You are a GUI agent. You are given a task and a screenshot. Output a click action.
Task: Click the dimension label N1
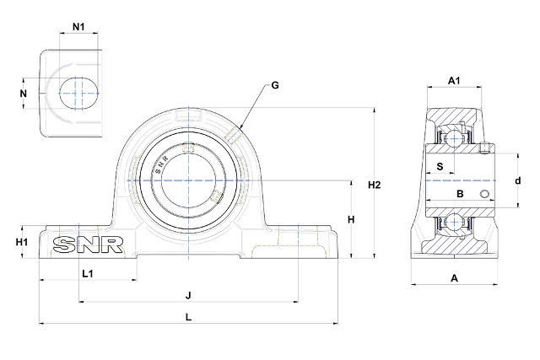78,26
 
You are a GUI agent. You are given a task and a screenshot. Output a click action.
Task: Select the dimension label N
24,94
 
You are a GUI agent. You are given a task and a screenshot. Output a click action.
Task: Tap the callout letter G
275,86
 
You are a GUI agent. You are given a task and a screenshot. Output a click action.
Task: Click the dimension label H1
23,243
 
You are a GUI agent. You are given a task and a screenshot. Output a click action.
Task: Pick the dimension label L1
87,272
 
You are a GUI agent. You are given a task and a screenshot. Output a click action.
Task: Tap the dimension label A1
453,81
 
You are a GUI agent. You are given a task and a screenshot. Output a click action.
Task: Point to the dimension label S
440,166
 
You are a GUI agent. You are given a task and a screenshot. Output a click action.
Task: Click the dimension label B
460,195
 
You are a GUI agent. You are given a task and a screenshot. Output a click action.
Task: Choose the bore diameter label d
517,180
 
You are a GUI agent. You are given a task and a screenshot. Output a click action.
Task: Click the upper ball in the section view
456,138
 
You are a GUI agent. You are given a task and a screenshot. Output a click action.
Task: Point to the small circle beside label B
485,196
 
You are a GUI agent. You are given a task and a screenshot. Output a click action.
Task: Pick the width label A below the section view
454,277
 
